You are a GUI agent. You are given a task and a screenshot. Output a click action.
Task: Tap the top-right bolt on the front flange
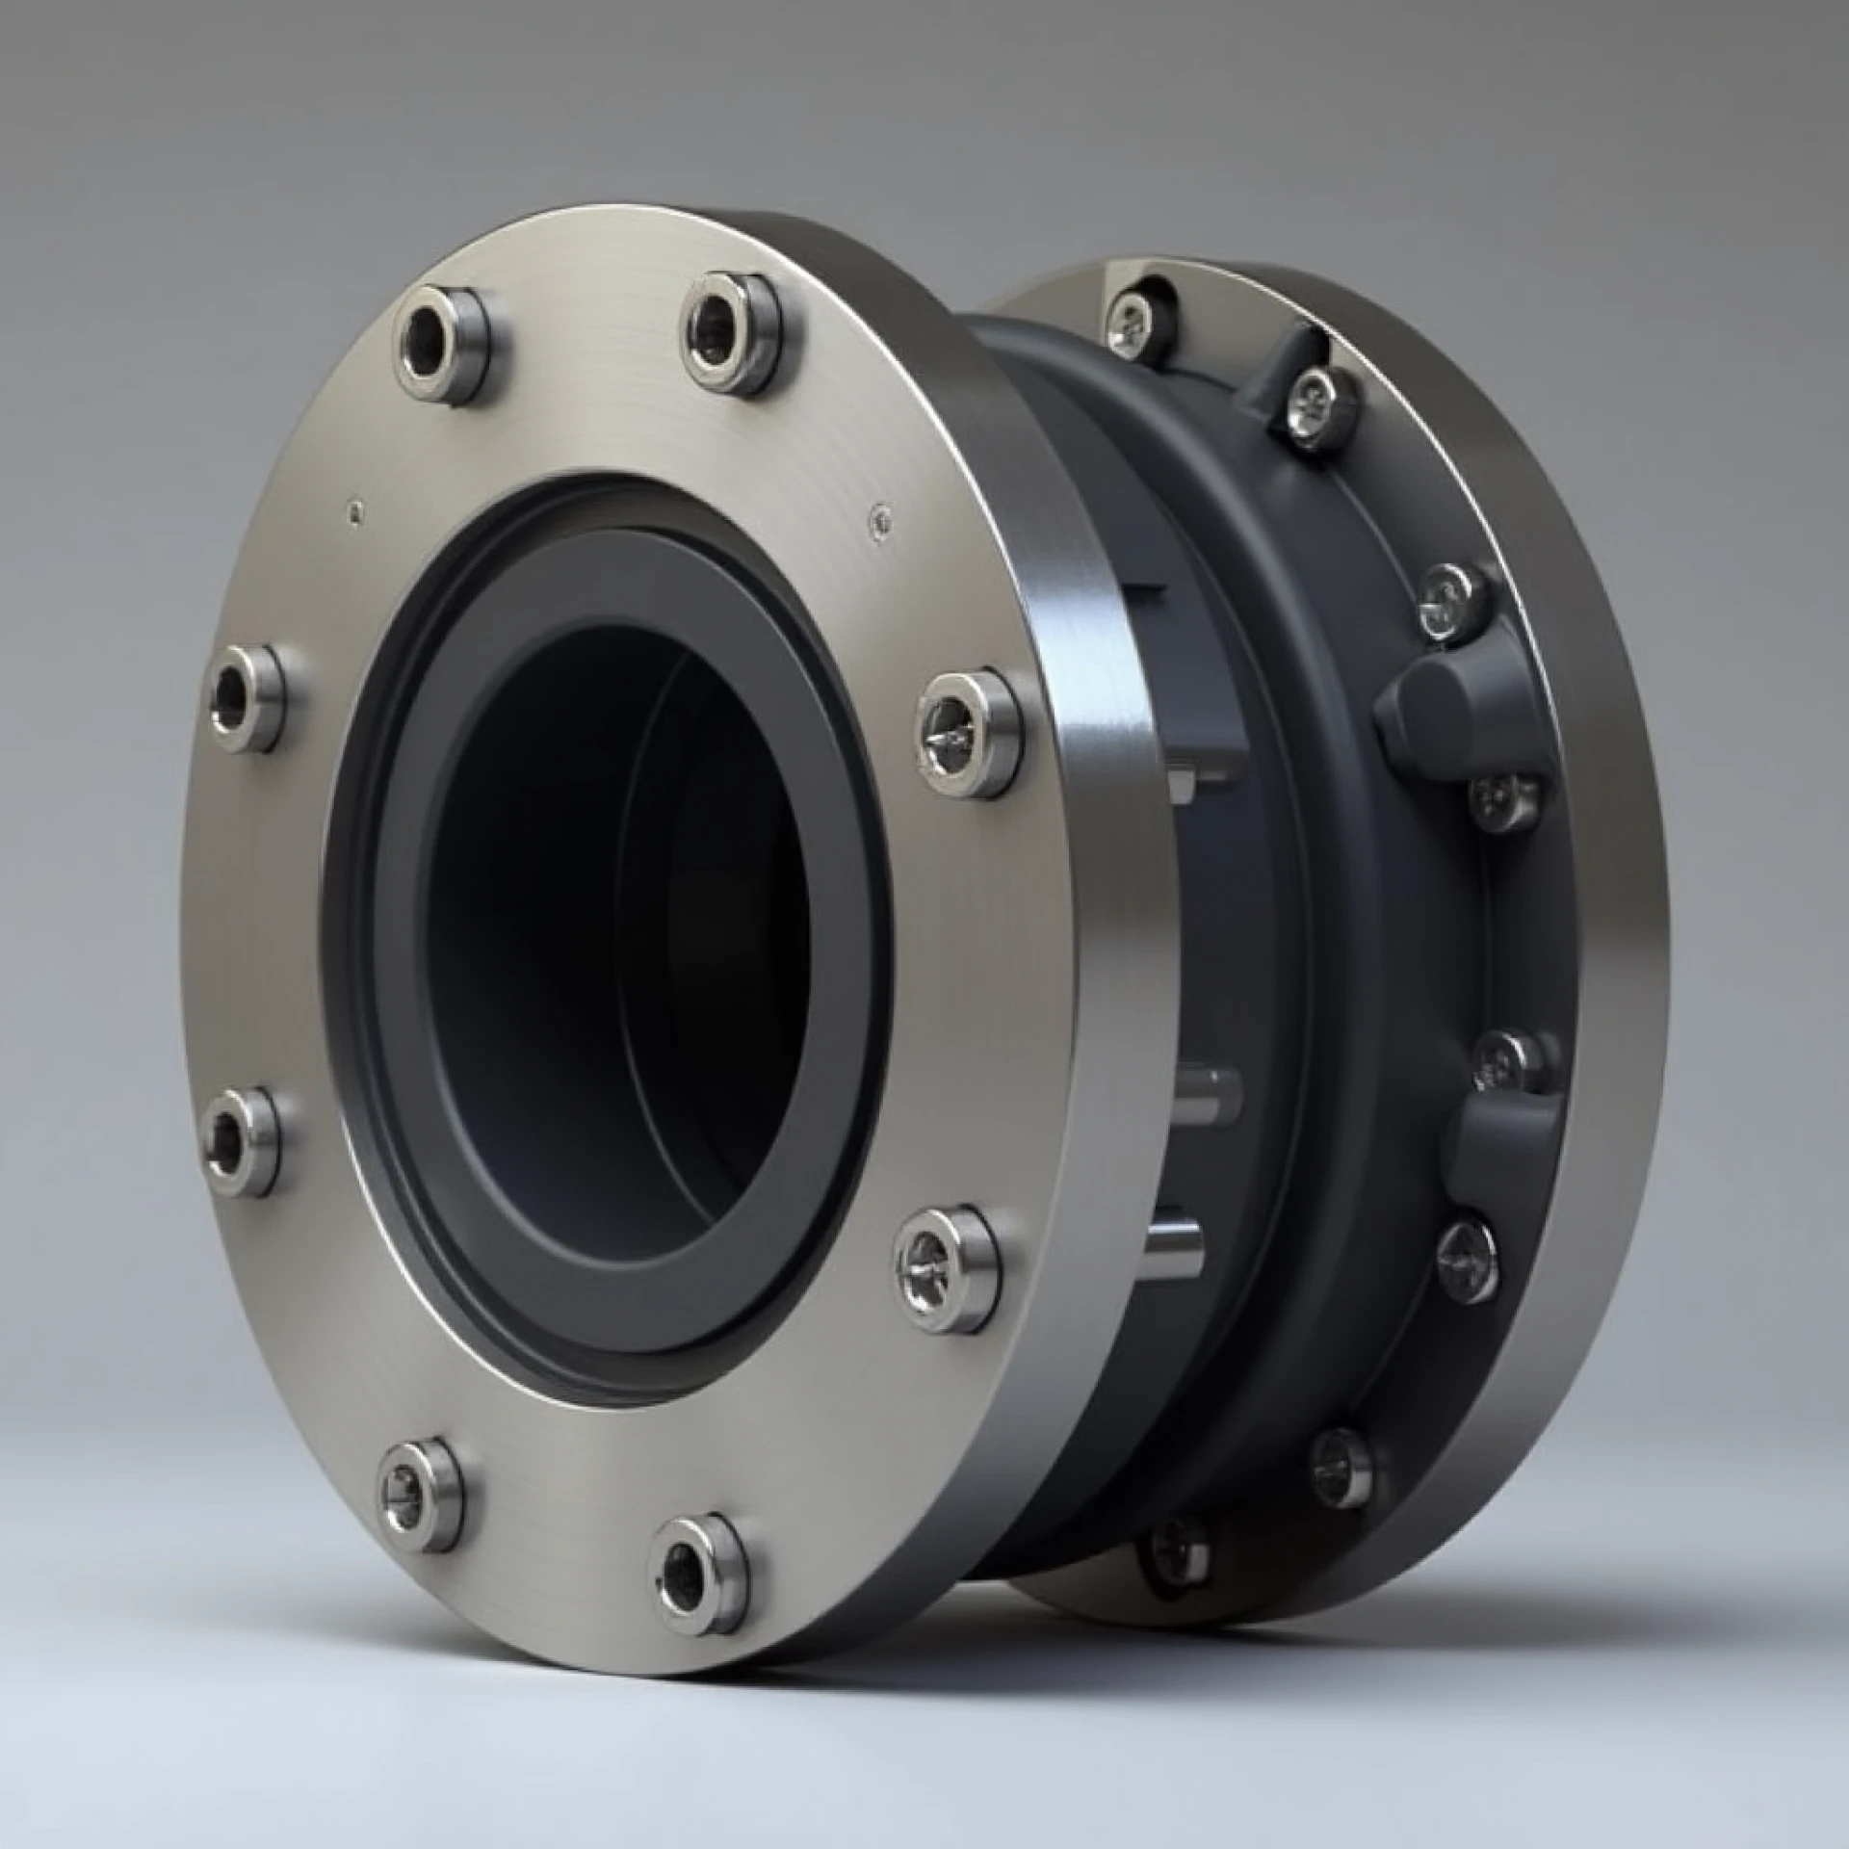(x=729, y=330)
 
